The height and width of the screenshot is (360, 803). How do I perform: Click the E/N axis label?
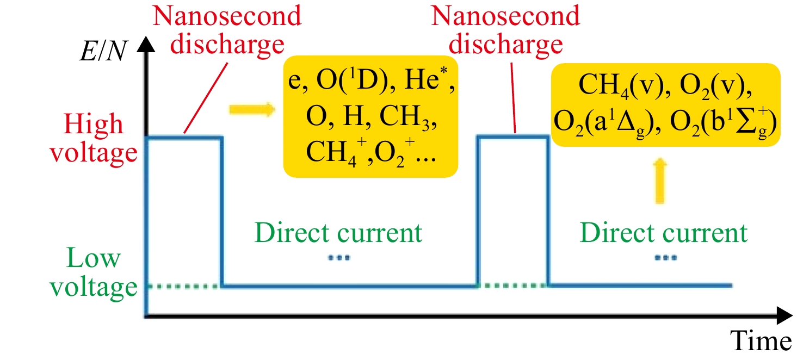coord(103,51)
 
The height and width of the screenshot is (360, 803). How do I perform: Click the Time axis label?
coord(761,340)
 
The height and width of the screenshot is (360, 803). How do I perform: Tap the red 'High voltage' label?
coord(93,139)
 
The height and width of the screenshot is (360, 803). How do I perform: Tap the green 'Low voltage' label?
coord(93,272)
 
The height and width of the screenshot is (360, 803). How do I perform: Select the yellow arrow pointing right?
coord(252,109)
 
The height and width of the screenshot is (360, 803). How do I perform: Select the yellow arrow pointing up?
coord(660,181)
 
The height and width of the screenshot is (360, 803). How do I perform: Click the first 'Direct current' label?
coord(338,233)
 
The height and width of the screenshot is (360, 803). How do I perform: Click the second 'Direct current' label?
coord(664,233)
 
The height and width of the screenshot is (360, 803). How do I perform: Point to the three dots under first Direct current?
coord(339,257)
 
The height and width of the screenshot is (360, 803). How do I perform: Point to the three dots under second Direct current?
coord(666,257)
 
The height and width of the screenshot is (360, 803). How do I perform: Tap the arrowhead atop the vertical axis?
coord(146,44)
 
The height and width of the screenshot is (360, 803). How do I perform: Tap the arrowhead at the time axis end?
coord(785,315)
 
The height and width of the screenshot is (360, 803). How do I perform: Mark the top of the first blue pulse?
coord(184,137)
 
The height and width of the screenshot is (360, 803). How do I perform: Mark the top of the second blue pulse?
coord(512,137)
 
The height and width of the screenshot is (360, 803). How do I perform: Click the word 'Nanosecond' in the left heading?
coord(227,16)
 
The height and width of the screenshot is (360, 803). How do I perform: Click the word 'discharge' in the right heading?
coord(506,45)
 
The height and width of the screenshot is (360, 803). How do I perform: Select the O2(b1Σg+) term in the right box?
coord(724,122)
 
